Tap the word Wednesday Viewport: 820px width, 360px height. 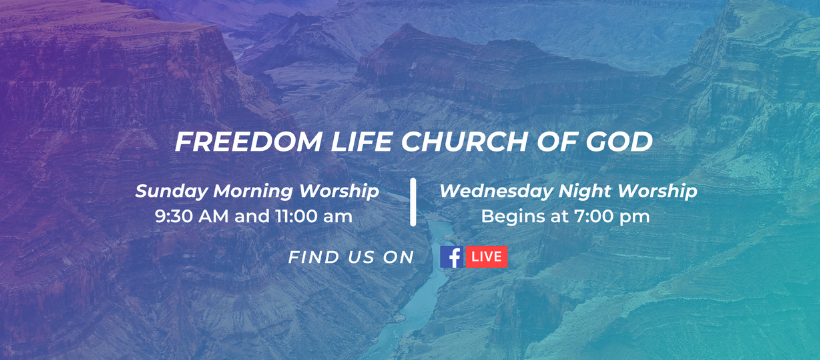click(x=496, y=192)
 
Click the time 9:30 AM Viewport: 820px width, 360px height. click(x=192, y=216)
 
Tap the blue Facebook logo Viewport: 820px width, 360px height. click(x=452, y=257)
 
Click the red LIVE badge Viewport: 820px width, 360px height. click(x=487, y=257)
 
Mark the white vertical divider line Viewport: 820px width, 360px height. click(x=413, y=202)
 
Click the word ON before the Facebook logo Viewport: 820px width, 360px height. click(x=400, y=257)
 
